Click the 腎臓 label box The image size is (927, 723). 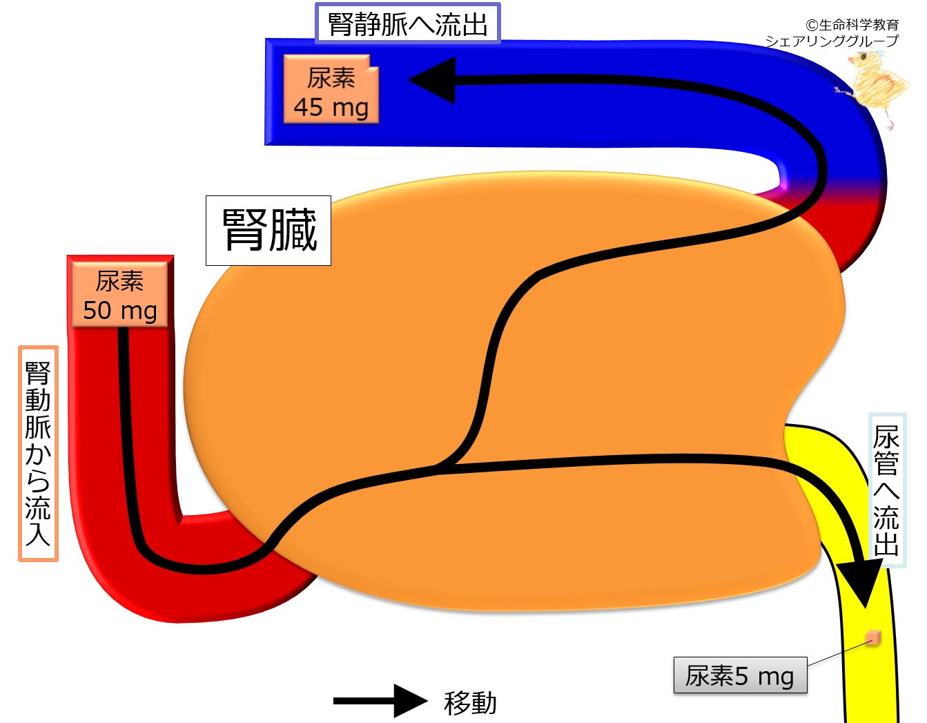point(269,231)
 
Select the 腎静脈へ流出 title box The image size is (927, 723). point(407,24)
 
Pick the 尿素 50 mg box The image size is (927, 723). point(120,296)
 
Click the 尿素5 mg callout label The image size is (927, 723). point(740,675)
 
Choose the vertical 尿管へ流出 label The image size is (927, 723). point(886,490)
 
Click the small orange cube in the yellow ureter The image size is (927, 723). point(873,637)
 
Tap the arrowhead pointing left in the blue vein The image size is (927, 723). point(433,80)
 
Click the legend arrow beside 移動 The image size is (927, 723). point(380,701)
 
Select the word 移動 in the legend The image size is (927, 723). point(470,703)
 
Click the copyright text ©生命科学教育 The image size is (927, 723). point(852,25)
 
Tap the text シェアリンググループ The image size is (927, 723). point(832,41)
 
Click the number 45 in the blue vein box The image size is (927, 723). point(309,108)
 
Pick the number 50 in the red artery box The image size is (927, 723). point(97,311)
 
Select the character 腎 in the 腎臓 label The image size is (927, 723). point(244,231)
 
